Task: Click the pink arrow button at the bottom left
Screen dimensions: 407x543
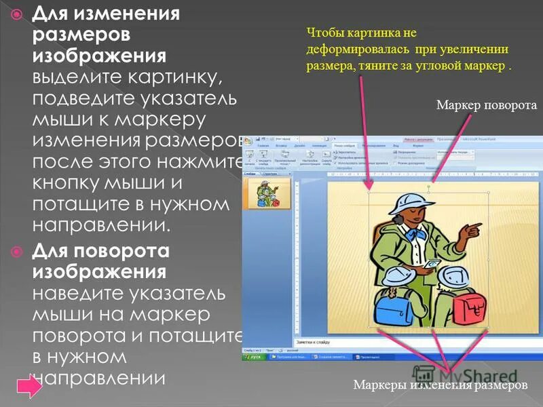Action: click(29, 387)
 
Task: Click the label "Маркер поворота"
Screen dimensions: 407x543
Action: click(486, 105)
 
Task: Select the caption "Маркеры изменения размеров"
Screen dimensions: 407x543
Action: click(440, 385)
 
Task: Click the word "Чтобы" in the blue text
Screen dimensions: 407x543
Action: click(325, 32)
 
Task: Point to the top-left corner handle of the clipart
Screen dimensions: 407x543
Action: click(369, 193)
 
